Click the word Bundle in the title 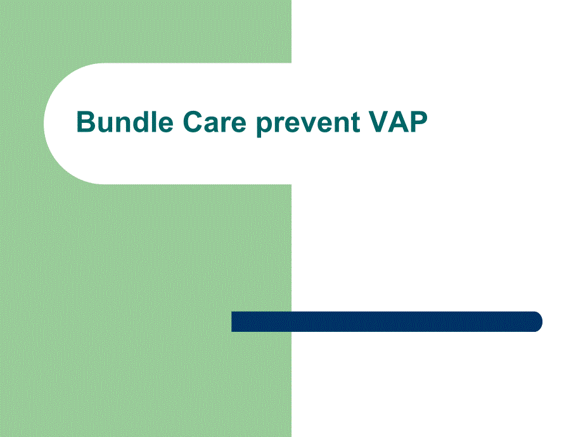click(125, 122)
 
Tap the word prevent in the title click(308, 123)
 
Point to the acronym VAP click(398, 122)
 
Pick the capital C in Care click(193, 122)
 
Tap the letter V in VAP click(380, 122)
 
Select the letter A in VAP click(399, 122)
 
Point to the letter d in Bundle click(140, 122)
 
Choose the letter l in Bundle click(153, 122)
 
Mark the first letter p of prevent click(265, 126)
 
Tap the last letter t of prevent click(356, 123)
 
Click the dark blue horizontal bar click(387, 322)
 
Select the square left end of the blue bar click(232, 322)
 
